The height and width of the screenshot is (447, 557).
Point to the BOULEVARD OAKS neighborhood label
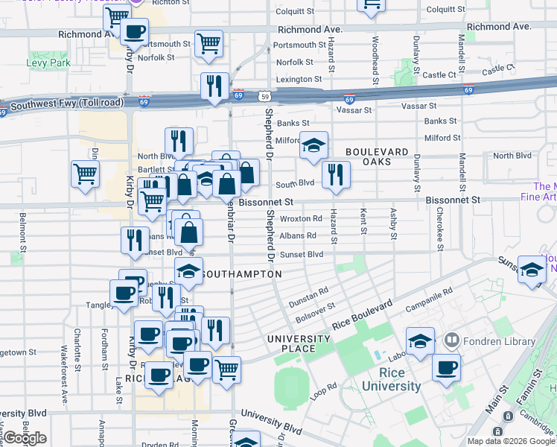click(377, 157)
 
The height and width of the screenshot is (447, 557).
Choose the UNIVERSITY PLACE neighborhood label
click(299, 344)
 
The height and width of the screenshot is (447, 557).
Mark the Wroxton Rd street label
click(301, 219)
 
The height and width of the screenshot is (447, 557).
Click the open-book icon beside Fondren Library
click(451, 342)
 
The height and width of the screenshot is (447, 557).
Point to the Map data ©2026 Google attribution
click(511, 441)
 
